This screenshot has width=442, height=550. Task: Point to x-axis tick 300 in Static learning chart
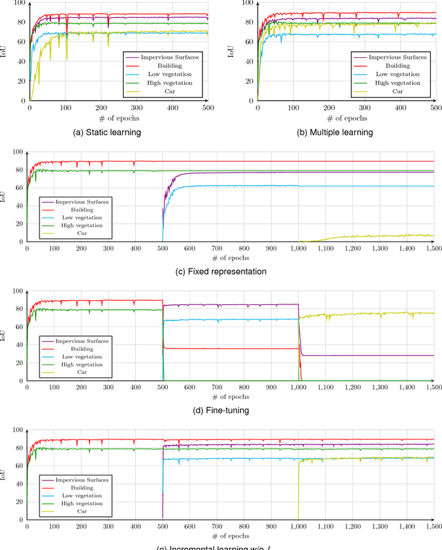click(136, 108)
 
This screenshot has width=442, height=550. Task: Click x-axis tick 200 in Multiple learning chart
click(329, 108)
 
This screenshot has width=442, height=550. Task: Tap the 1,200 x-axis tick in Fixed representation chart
click(352, 248)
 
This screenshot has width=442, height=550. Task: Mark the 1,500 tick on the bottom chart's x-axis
click(433, 527)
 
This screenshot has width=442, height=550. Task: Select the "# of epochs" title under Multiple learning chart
click(347, 118)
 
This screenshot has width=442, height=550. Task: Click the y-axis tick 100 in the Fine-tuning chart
click(18, 291)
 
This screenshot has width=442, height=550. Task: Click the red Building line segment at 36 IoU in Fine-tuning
click(228, 348)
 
